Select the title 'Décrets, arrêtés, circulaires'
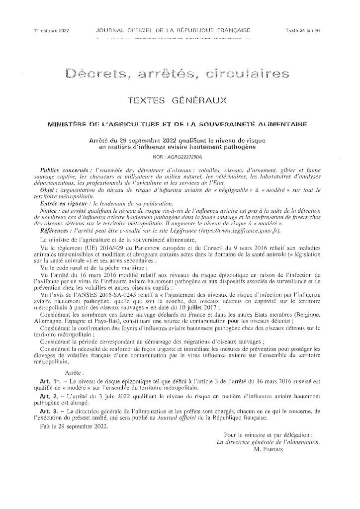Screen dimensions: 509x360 tap(177, 75)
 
